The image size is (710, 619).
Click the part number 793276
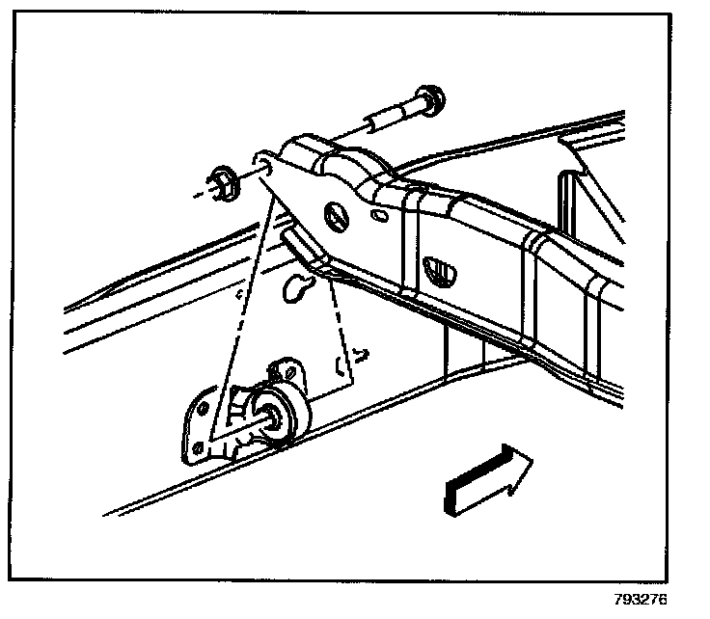(640, 598)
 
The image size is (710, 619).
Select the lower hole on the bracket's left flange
(198, 445)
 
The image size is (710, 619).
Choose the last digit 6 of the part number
(662, 598)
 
